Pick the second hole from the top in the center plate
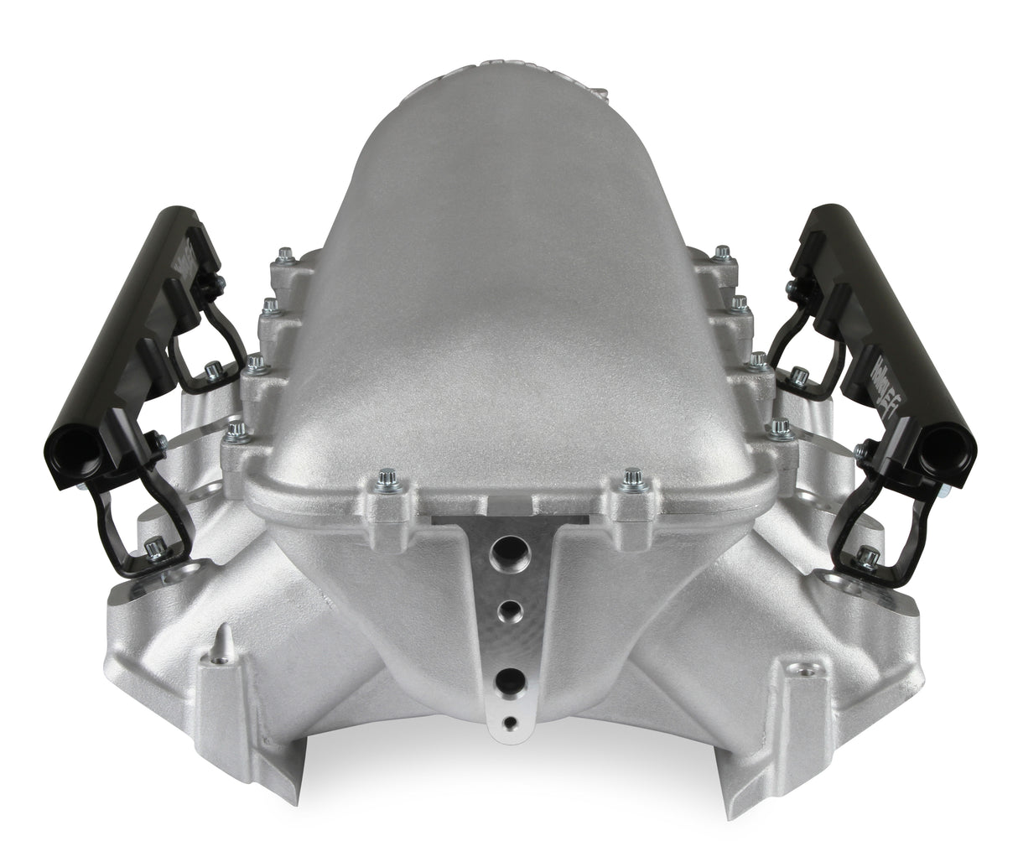[506, 610]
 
